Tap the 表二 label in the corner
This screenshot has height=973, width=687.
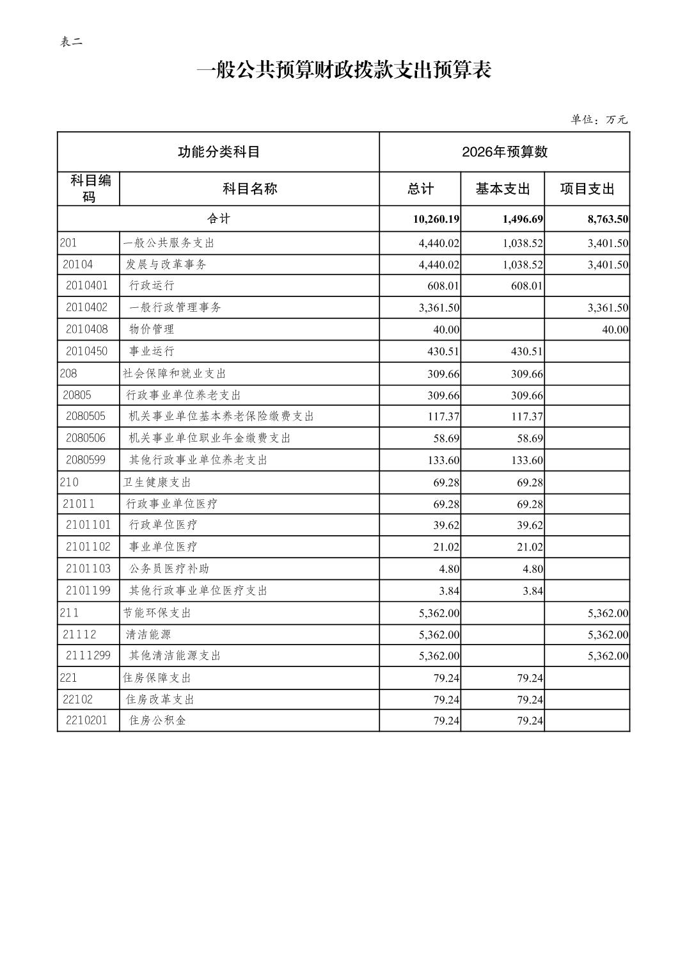71,42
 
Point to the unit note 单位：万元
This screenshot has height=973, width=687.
599,120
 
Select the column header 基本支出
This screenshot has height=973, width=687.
503,189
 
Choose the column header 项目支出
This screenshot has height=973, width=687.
587,189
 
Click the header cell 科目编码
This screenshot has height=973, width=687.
89,189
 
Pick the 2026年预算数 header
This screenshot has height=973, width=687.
504,152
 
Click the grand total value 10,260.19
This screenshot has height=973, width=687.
436,219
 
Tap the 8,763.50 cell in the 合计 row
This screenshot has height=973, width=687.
608,219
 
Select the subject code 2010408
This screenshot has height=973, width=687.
87,329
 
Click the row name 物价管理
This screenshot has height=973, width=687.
152,329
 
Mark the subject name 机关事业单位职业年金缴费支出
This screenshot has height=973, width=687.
210,438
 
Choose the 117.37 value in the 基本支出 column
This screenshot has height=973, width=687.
527,417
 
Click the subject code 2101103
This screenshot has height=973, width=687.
88,568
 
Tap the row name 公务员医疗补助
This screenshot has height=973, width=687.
169,568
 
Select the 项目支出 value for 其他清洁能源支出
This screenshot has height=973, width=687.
608,656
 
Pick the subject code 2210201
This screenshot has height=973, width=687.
87,720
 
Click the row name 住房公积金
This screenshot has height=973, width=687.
157,720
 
